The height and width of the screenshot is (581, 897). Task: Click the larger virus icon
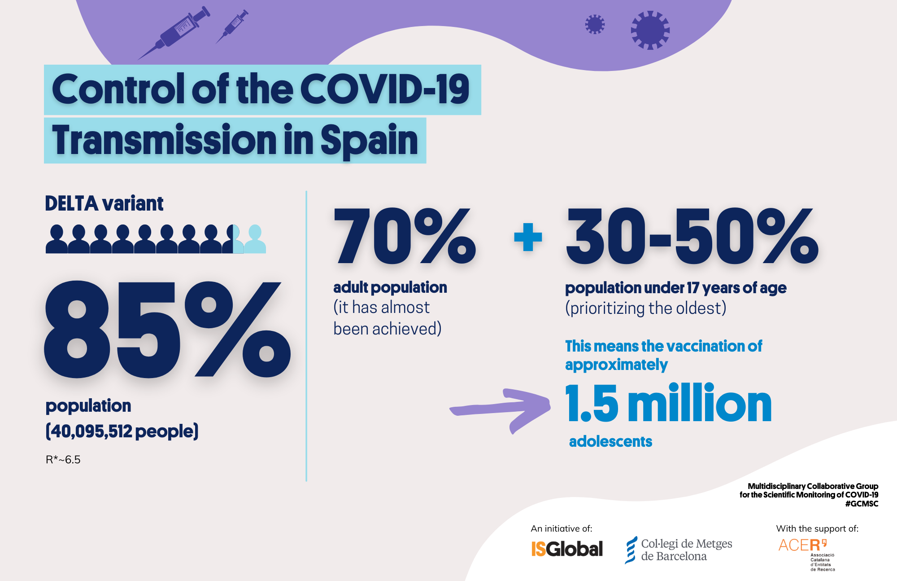[650, 30]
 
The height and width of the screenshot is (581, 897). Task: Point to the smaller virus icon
[595, 24]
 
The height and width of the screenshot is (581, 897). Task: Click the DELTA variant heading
[104, 203]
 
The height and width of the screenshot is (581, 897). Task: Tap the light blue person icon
[255, 239]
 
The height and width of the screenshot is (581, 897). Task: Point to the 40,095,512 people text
[122, 431]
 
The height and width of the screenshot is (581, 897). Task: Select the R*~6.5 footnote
[63, 460]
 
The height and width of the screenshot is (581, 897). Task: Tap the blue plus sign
[528, 237]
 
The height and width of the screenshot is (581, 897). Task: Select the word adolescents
[610, 442]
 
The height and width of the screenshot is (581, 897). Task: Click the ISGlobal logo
[567, 549]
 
